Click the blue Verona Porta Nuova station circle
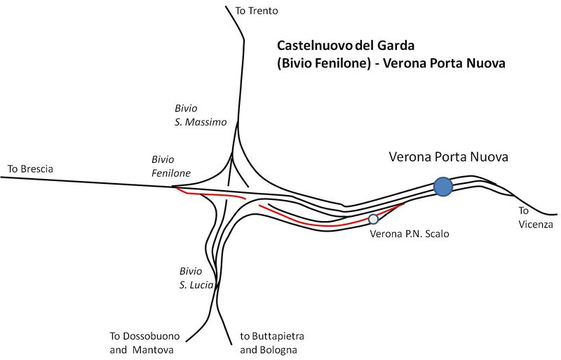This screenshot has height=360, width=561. pos(442,187)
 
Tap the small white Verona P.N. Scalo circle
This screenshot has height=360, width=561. pos(373,219)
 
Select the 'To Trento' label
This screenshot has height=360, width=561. pos(257,11)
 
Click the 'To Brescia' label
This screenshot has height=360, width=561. pos(30,169)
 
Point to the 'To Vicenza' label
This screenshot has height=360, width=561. pos(536,218)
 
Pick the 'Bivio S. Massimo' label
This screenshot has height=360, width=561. pos(201,115)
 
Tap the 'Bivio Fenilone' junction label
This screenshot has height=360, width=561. pos(171,166)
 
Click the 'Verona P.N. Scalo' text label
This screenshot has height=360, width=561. pos(409,234)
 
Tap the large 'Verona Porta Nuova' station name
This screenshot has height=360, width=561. pos(448,156)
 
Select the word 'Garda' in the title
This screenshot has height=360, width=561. pos(397,46)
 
